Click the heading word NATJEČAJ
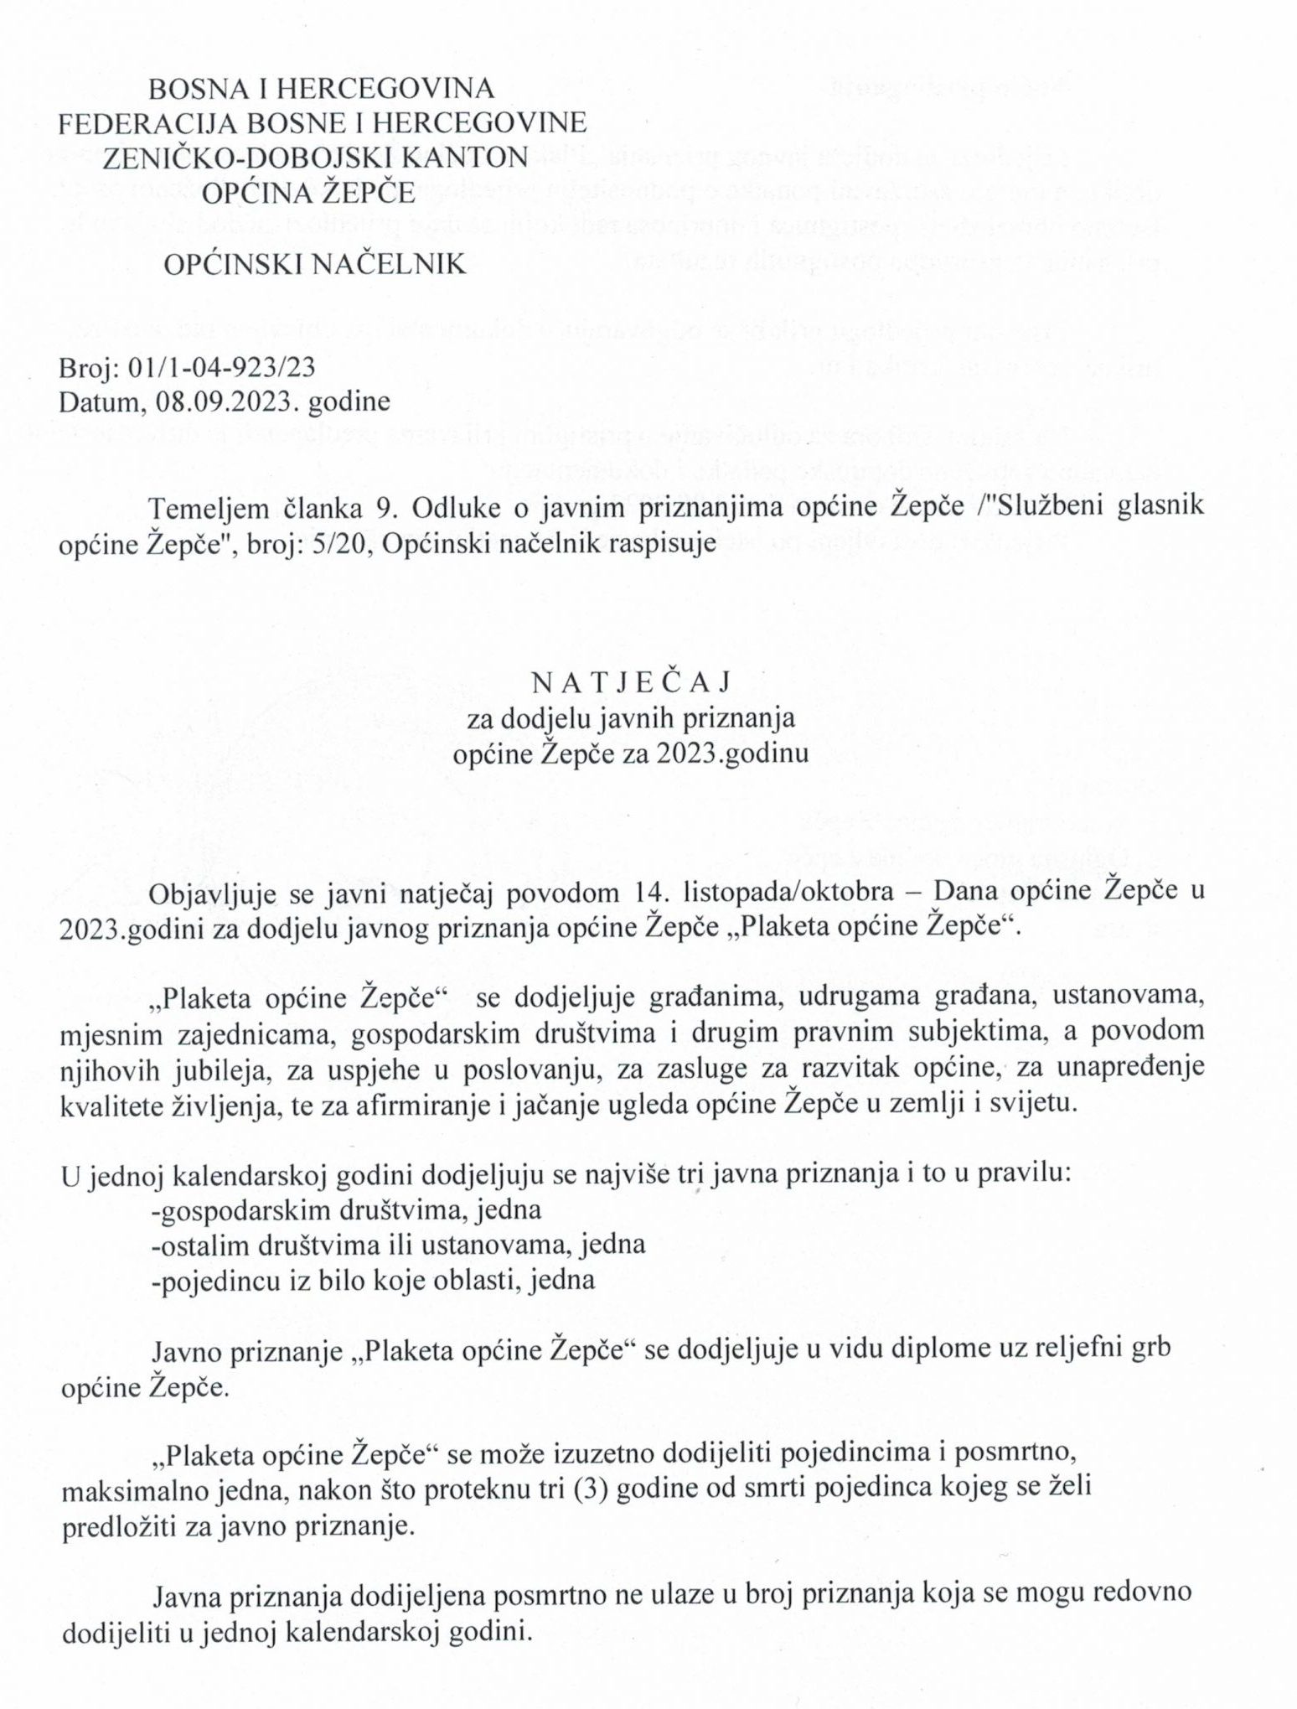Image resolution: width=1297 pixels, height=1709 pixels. click(x=632, y=682)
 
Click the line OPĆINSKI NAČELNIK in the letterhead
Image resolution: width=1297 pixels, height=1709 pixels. click(x=314, y=265)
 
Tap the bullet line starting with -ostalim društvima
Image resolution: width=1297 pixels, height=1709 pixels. click(x=397, y=1245)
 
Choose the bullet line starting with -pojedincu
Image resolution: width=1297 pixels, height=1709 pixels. click(x=373, y=1280)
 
